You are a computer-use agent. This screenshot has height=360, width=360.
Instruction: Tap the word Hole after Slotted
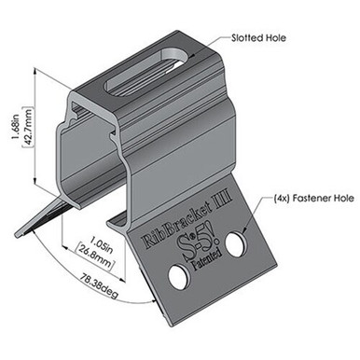coord(273,40)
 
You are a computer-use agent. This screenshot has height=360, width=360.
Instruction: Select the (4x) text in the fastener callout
coord(257,198)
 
